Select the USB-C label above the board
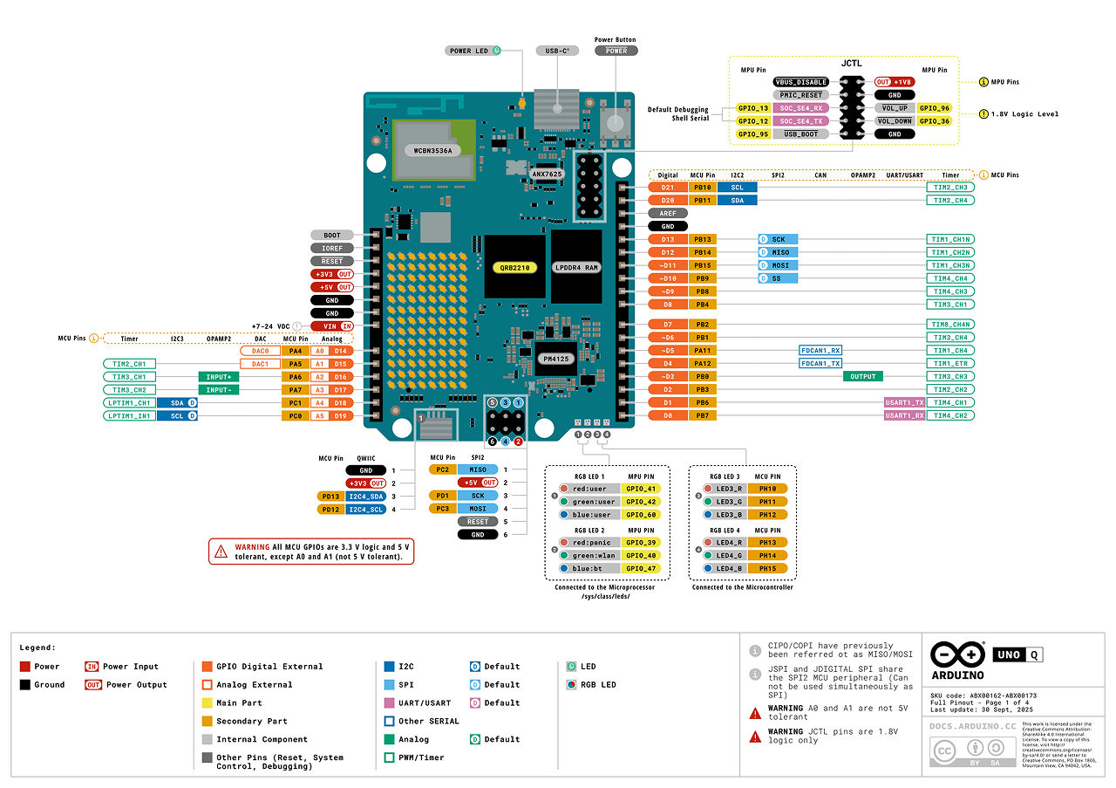pyautogui.click(x=557, y=51)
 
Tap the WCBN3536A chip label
pyautogui.click(x=425, y=150)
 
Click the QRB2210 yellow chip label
pyautogui.click(x=514, y=267)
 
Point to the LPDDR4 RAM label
pyautogui.click(x=576, y=267)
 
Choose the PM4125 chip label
pyautogui.click(x=556, y=359)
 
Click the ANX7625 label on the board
pyautogui.click(x=547, y=175)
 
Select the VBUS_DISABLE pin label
pyautogui.click(x=800, y=82)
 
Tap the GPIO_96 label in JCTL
pyautogui.click(x=934, y=108)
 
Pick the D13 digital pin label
pyautogui.click(x=667, y=239)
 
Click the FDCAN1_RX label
pyautogui.click(x=820, y=350)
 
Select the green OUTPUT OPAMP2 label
pyautogui.click(x=862, y=376)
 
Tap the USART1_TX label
pyautogui.click(x=903, y=402)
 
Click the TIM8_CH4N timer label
pyautogui.click(x=950, y=324)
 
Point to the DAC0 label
pyautogui.click(x=260, y=351)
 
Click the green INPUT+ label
pyautogui.click(x=219, y=377)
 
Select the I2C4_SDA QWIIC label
pyautogui.click(x=366, y=496)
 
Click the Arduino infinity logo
pyautogui.click(x=958, y=654)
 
